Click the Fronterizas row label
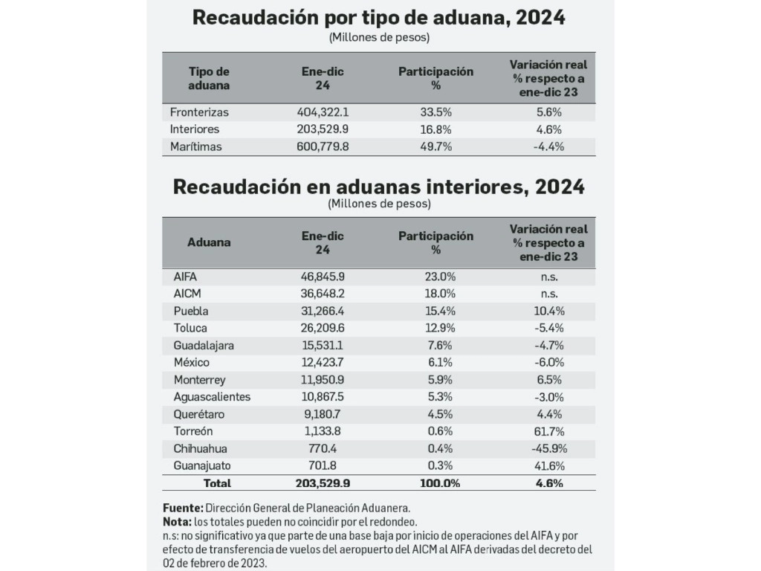(x=199, y=112)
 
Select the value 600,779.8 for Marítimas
(x=323, y=146)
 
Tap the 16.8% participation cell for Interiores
(x=435, y=129)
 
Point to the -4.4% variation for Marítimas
(x=549, y=146)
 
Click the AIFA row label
(x=185, y=277)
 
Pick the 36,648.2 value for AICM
(x=323, y=294)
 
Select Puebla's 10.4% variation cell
(x=549, y=312)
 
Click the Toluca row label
(x=190, y=328)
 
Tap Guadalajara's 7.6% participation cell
(x=440, y=346)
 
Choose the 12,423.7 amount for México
(x=323, y=363)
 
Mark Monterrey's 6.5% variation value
(x=549, y=380)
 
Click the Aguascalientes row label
(x=212, y=397)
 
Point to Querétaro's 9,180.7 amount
(x=323, y=414)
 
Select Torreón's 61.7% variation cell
(x=549, y=432)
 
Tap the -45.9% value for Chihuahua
(x=549, y=448)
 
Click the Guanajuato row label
(x=202, y=466)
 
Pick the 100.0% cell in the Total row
(x=440, y=483)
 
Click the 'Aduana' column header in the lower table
(x=209, y=242)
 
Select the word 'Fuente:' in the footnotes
(x=183, y=509)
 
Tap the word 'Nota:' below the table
(x=177, y=522)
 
